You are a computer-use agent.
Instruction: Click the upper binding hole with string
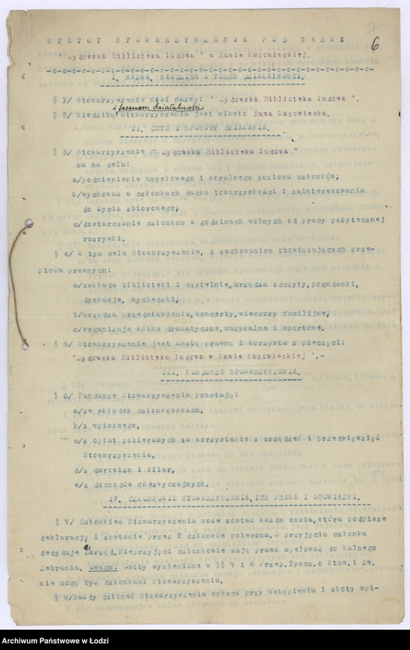29,225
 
